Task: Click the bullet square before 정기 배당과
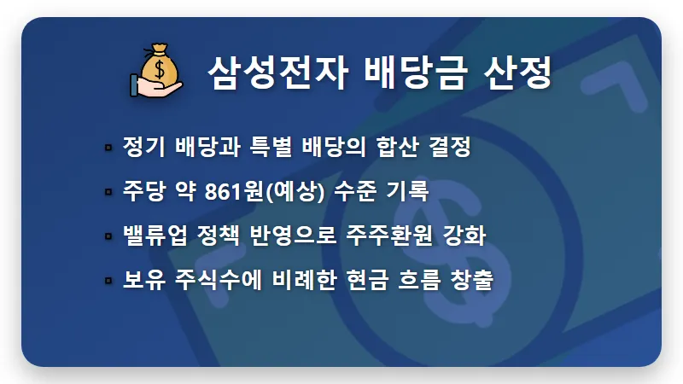[108, 148]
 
